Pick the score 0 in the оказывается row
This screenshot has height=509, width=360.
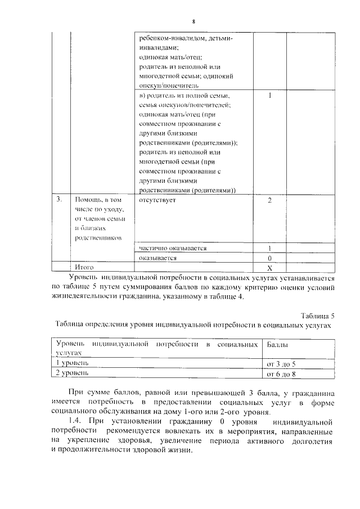coord(270,258)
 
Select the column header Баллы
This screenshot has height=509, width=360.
coord(278,343)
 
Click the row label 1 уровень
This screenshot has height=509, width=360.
coord(71,363)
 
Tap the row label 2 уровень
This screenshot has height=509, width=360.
coord(71,373)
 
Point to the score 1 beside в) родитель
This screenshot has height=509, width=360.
coord(270,96)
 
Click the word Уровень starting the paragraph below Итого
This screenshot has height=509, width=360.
coord(82,278)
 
